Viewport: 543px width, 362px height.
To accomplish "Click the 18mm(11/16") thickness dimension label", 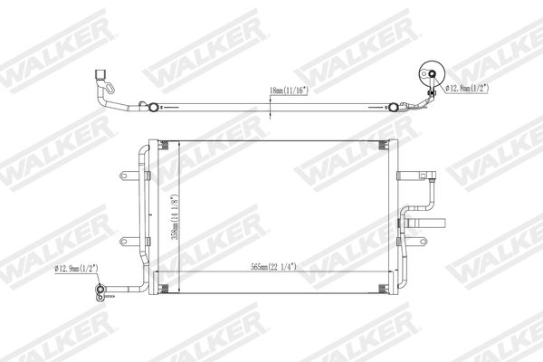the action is pyautogui.click(x=289, y=90).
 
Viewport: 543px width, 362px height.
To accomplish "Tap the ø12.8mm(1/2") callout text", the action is pyautogui.click(x=467, y=89).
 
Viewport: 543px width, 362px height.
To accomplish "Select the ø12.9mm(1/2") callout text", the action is pyautogui.click(x=77, y=268).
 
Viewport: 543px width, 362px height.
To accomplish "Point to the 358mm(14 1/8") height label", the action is pyautogui.click(x=176, y=217).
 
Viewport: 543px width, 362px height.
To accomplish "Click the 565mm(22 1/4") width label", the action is pyautogui.click(x=273, y=267).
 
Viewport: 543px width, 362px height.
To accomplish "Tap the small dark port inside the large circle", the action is pyautogui.click(x=433, y=73).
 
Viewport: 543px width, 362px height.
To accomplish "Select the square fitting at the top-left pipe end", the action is pyautogui.click(x=100, y=74).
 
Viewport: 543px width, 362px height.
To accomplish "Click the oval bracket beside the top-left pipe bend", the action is pyautogui.click(x=110, y=88).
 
